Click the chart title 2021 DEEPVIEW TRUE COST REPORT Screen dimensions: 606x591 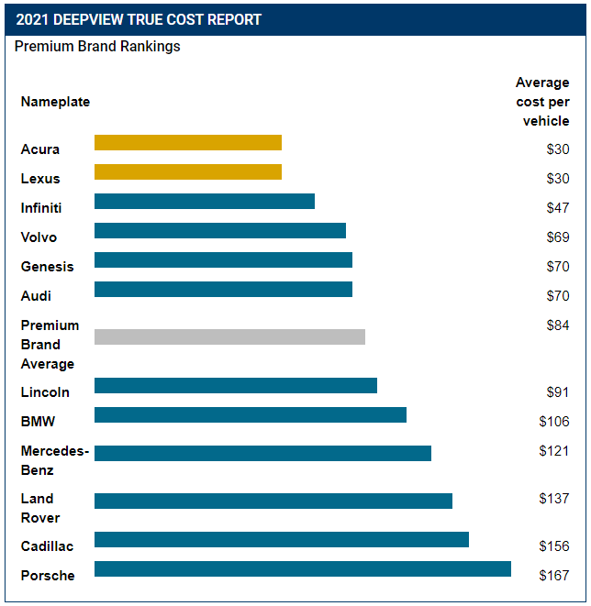pos(139,19)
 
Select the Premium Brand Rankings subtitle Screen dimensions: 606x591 pos(97,46)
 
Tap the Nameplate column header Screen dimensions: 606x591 pos(55,102)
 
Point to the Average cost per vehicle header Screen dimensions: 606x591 pos(542,102)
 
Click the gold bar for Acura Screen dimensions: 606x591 pos(187,142)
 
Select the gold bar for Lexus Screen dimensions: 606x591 pos(187,171)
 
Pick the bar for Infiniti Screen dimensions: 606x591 pos(204,201)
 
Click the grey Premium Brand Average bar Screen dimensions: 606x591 pos(229,336)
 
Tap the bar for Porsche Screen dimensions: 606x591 pos(302,568)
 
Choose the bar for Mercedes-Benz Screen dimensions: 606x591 pos(262,453)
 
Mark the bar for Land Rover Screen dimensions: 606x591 pos(273,501)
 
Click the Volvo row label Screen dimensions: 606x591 pos(39,237)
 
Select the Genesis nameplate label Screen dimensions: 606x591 pos(47,267)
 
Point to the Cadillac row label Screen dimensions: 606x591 pos(48,546)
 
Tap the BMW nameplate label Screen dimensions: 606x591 pos(38,422)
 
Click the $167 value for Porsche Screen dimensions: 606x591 pos(554,576)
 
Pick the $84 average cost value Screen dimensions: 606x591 pos(558,325)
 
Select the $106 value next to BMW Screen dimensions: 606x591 pos(554,422)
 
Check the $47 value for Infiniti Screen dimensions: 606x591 pos(558,208)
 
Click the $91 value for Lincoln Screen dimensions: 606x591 pos(558,392)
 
